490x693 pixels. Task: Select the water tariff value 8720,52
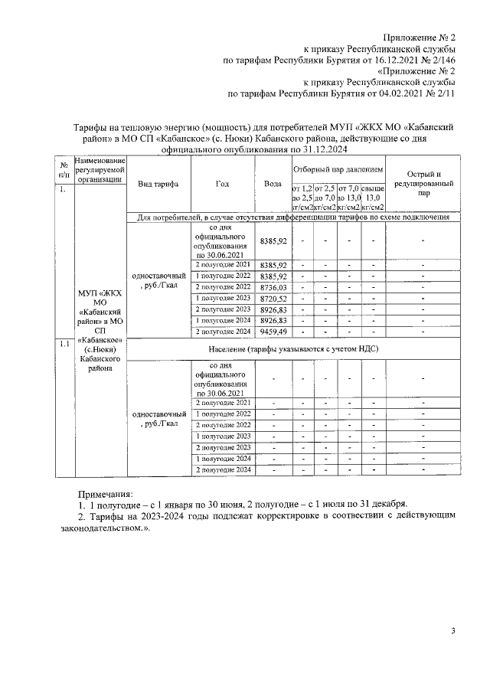(x=273, y=298)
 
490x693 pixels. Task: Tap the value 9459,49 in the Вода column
(x=273, y=332)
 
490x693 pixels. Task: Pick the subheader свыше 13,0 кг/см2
(x=373, y=197)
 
